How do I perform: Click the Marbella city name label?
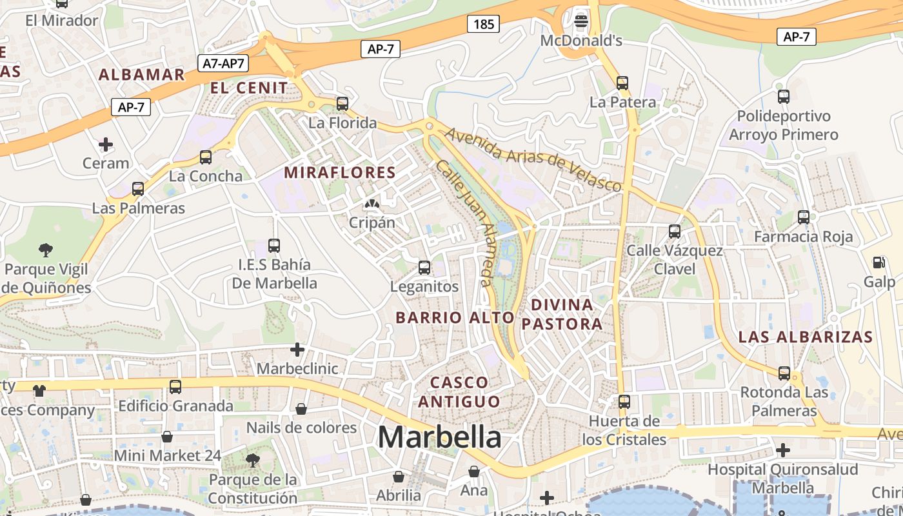[x=439, y=437]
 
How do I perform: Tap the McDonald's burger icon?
[x=581, y=21]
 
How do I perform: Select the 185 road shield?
[x=483, y=25]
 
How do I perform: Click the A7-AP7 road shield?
[x=223, y=63]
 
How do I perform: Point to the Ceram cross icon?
[x=106, y=144]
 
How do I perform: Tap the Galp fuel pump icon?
[x=878, y=263]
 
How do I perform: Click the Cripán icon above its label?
[x=372, y=204]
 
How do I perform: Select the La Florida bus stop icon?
[x=342, y=103]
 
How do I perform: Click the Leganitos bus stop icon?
[x=424, y=267]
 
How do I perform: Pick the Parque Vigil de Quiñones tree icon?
[x=45, y=249]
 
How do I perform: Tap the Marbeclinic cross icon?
[x=297, y=350]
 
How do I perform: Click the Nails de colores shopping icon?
[x=301, y=409]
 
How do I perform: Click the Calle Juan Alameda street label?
[x=464, y=223]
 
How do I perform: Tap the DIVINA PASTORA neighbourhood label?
[x=562, y=314]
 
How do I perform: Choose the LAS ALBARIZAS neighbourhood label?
[x=806, y=337]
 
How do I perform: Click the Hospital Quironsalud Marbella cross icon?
[x=783, y=450]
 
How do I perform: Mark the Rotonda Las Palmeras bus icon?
[x=784, y=373]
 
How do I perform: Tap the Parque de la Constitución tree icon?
[x=253, y=460]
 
